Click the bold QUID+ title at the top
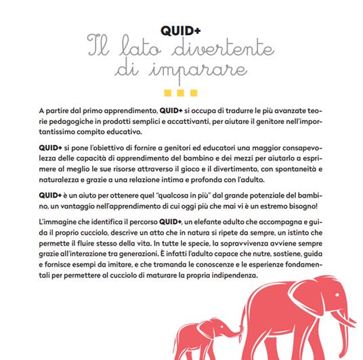click(181, 31)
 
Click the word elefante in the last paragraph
click(206, 223)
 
